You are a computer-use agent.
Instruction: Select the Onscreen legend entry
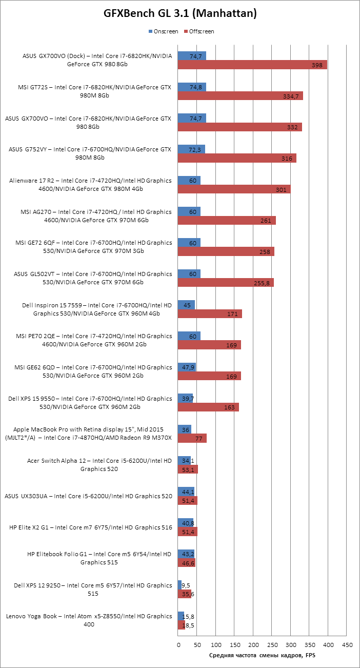(163, 32)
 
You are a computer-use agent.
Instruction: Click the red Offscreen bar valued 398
(252, 65)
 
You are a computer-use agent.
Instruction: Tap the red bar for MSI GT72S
(241, 96)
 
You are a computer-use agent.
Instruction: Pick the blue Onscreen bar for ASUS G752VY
(191, 149)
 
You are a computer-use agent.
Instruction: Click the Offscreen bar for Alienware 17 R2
(234, 189)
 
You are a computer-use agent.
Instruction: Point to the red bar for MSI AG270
(227, 221)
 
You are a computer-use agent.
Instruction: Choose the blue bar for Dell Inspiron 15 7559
(186, 305)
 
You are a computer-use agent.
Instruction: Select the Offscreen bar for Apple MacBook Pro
(192, 438)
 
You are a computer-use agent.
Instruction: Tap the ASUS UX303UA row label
(88, 496)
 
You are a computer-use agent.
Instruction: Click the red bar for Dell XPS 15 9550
(208, 407)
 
